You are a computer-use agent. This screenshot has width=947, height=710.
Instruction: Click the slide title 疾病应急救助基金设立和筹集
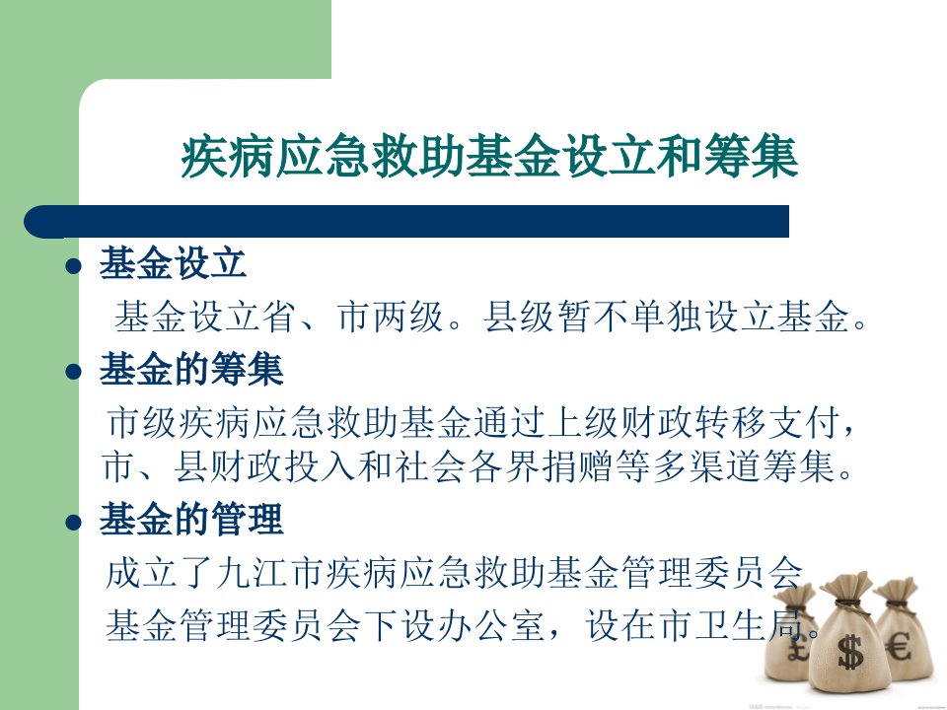489,157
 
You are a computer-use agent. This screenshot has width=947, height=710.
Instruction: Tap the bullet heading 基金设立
173,263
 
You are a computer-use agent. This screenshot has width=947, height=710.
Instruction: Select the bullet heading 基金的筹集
191,369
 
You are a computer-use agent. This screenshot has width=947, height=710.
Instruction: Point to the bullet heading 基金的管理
191,519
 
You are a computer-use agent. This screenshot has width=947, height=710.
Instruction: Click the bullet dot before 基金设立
73,265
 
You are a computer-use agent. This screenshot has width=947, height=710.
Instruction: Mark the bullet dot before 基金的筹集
73,372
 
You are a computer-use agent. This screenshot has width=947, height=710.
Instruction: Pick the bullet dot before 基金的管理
73,522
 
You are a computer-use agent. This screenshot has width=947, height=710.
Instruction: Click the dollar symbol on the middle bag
850,652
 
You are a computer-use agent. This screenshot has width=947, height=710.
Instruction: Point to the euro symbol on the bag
899,647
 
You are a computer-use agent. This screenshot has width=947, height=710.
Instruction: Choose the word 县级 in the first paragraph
520,316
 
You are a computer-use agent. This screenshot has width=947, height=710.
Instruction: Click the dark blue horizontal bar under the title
406,221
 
